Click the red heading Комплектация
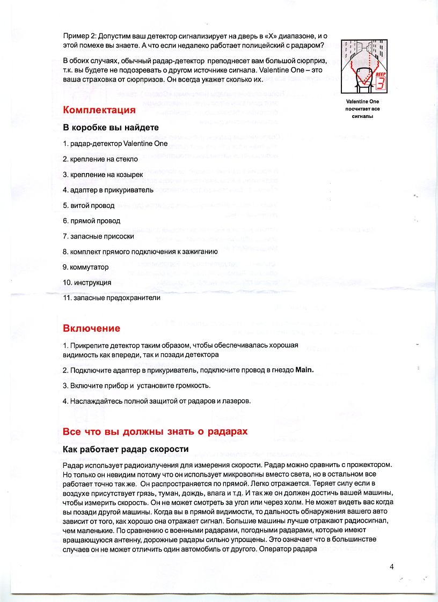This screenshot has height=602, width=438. pos(99,110)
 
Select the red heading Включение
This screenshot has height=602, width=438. pos(91,328)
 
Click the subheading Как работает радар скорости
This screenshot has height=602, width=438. pos(126,449)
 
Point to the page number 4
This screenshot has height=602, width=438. pos(392,567)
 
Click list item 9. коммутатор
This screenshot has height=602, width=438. pos(86,267)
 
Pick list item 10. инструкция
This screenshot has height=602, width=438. pos(87,283)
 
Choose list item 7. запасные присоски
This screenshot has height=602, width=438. pos(98,236)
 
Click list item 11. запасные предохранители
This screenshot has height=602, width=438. pos(112,298)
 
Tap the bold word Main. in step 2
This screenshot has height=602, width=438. pos(301,370)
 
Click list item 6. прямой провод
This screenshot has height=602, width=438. pos(91,221)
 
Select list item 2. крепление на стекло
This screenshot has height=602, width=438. pos(100,159)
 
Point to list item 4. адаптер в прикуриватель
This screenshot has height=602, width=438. pos(108,190)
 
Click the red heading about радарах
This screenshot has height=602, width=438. pos(155,432)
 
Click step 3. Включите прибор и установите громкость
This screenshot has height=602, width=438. pos(137,385)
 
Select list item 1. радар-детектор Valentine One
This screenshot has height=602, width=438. pos(115,144)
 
